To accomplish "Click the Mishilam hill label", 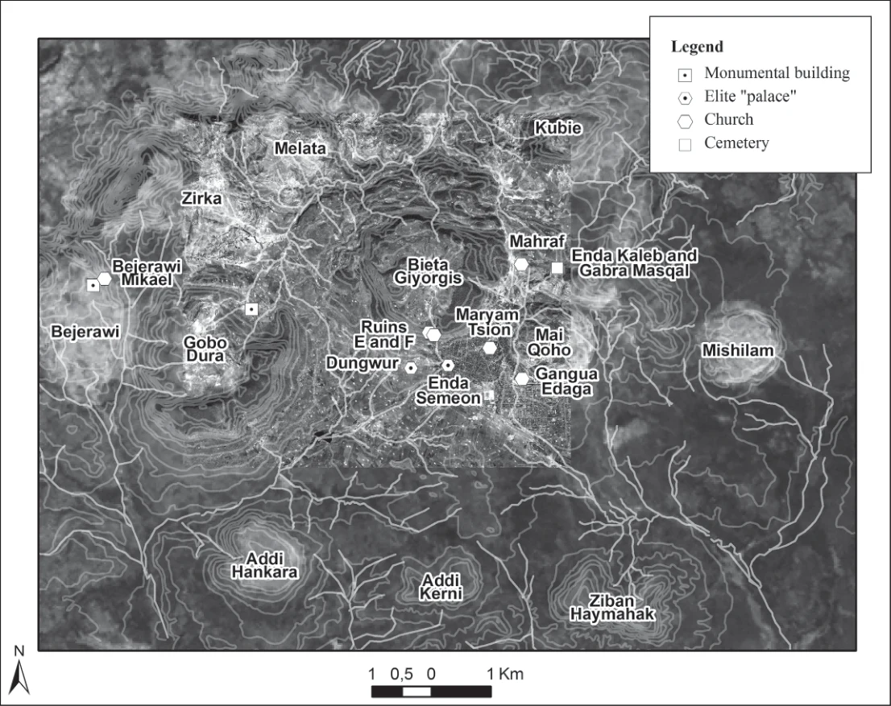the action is coord(738,350).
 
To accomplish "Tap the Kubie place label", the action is coord(558,128).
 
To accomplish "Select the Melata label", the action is coord(300,148).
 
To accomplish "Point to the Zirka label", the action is coord(201,198).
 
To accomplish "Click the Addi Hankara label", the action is coord(265,564).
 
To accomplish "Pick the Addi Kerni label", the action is coord(441,587).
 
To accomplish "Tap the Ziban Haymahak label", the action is coord(612,607).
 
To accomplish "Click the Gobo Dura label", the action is coord(205,349).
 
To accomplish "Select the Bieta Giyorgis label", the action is coord(428,271).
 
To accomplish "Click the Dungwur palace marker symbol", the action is coord(411,368).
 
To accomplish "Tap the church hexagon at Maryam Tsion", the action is coord(490,348).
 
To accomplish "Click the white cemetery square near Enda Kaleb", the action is coord(557,267).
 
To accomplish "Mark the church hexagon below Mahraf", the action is coord(521,264).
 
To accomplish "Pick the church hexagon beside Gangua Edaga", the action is coord(522,378).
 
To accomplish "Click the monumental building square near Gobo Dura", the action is coord(251,309).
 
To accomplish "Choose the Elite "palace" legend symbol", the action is coord(686,98).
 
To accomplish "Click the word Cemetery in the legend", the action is coord(736,142).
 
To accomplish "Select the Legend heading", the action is coord(697,47).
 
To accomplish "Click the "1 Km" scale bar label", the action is coord(505,674).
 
